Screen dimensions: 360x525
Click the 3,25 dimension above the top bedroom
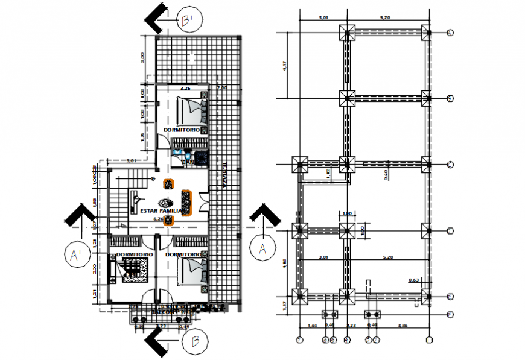(185, 89)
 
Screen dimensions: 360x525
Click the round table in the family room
(165, 203)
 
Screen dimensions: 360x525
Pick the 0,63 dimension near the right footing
(414, 280)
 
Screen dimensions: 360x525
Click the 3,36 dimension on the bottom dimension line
(402, 326)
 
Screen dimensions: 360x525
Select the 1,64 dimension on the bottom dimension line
(312, 326)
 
